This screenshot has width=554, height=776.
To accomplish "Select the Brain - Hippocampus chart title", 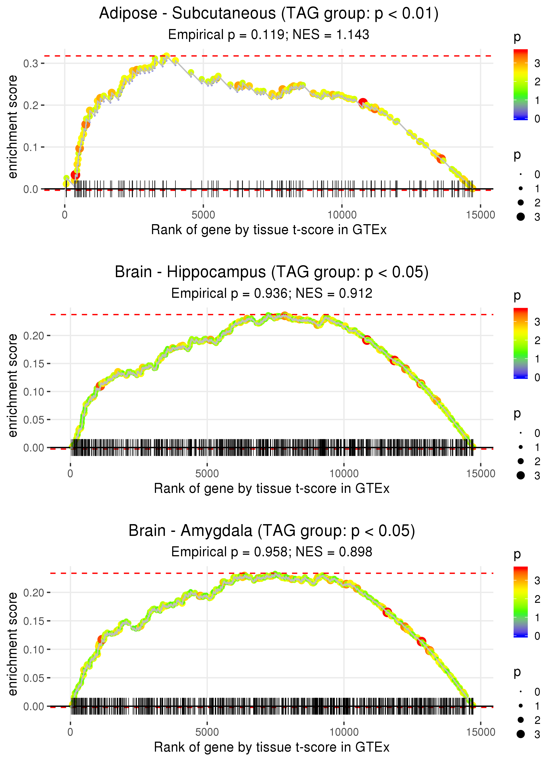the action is point(271,272).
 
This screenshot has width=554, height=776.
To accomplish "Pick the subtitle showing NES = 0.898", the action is point(334,552).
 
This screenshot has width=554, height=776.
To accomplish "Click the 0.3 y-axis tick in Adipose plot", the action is point(31,63).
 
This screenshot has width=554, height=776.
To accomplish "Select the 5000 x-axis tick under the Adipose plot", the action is point(203,215).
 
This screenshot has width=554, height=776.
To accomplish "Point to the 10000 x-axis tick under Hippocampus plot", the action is point(344,474).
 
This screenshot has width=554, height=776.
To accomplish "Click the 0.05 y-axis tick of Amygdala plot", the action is point(34,678).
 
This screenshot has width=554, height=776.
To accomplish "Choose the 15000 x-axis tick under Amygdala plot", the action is point(481,732).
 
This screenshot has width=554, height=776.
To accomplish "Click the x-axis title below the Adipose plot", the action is point(269,230).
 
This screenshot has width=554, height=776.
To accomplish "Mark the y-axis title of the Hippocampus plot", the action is point(13,385).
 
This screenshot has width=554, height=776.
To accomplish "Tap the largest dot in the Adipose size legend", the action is point(521,217).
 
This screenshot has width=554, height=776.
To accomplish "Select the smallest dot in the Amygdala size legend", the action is point(521,692).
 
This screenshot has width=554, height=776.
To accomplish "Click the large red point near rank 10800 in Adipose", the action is point(363,102).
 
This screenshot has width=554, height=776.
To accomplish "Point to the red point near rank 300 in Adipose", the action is point(75,175).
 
